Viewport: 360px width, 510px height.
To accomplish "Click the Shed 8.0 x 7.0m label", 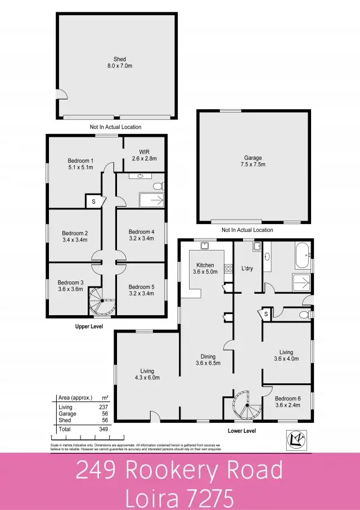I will [x=119, y=62].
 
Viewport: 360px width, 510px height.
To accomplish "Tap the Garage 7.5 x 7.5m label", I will [x=253, y=162].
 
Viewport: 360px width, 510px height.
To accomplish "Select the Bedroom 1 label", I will [x=80, y=164].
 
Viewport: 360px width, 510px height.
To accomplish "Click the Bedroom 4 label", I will [x=141, y=235].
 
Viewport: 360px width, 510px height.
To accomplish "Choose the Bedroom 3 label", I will [x=70, y=285].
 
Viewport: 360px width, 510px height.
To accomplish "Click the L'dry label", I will [x=247, y=269].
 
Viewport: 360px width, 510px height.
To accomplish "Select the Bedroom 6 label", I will [x=287, y=402].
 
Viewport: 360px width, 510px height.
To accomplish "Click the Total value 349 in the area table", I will [x=103, y=430].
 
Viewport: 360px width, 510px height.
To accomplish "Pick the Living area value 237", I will [x=103, y=407].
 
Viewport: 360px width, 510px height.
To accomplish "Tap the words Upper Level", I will [x=89, y=326].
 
